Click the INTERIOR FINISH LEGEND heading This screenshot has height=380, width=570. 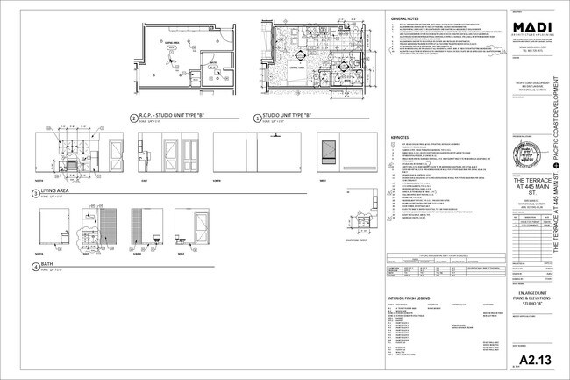[414, 298]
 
